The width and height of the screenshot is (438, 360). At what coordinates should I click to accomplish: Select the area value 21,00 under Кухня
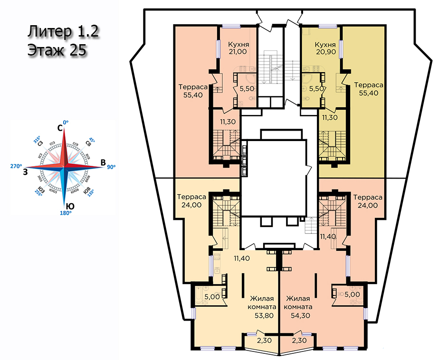pos(237,52)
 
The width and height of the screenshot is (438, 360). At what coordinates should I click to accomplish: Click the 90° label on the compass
pos(112,167)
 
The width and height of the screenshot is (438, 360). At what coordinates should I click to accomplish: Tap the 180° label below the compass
pos(66,213)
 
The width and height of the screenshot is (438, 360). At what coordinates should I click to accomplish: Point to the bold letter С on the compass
pos(60,128)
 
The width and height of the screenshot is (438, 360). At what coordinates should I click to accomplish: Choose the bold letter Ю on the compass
pos(69,206)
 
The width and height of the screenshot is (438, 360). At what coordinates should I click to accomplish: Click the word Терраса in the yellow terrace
pos(369,85)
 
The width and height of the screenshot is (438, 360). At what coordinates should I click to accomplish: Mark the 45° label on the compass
pos(92,141)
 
